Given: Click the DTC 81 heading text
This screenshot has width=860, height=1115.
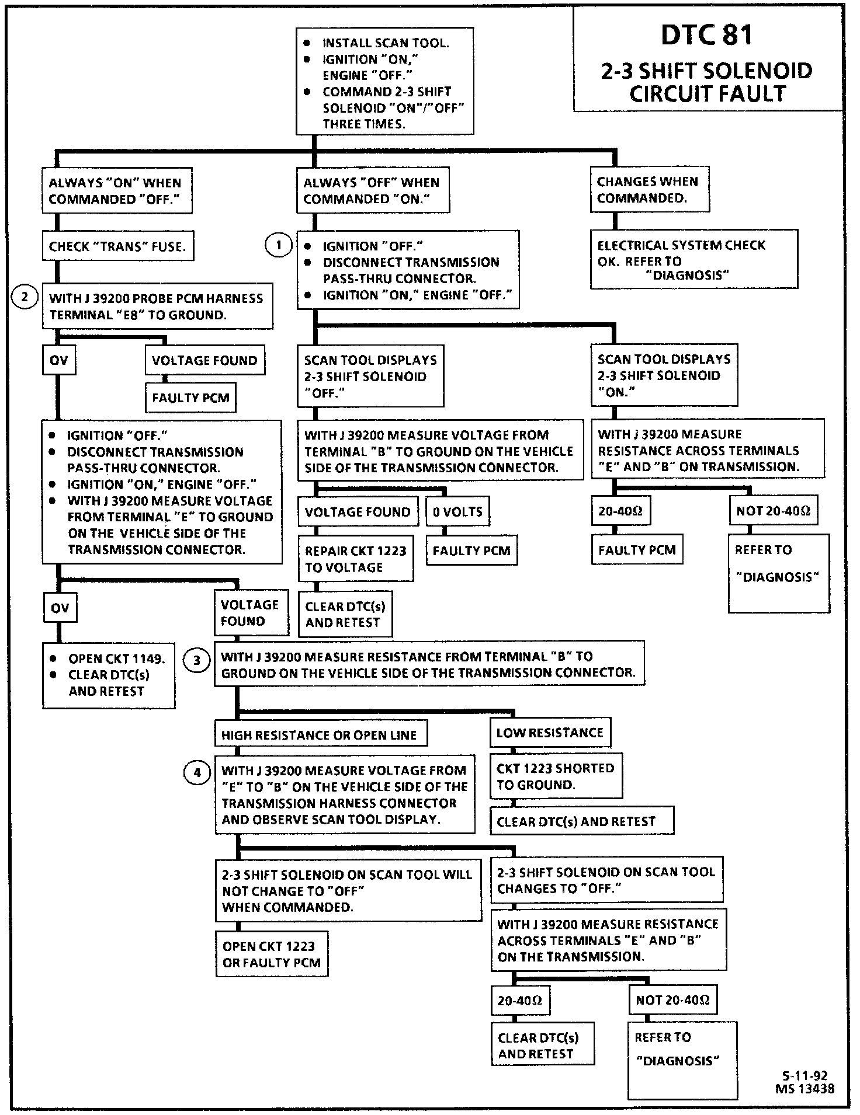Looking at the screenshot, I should click(x=707, y=35).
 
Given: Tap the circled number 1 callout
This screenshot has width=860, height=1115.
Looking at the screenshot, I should click(x=278, y=245).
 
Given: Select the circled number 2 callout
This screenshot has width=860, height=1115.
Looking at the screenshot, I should click(x=25, y=297).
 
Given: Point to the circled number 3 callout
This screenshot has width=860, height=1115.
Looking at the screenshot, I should click(x=197, y=660).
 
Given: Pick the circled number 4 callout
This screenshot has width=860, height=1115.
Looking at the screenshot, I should click(x=197, y=773).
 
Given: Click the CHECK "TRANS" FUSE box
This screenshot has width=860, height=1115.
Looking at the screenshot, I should click(x=117, y=246).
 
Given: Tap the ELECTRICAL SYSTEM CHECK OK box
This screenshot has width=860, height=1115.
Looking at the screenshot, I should click(x=693, y=260).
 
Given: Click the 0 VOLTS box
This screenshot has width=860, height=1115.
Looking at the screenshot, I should click(x=457, y=512).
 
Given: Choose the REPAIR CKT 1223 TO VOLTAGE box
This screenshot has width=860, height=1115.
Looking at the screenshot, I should click(x=355, y=559).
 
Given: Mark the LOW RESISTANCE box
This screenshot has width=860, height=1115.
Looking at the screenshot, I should click(x=550, y=733).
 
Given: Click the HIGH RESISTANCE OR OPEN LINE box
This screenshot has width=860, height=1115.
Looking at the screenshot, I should click(x=320, y=735).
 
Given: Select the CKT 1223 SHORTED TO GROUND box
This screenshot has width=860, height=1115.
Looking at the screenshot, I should click(x=555, y=776).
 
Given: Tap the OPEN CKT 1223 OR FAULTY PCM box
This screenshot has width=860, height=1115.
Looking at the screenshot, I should click(x=272, y=954).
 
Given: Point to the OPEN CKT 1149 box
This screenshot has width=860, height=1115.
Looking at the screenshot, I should click(x=109, y=675).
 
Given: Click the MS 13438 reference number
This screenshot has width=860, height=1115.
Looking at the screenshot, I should click(x=804, y=1088).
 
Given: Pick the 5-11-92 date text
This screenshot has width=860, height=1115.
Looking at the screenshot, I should click(x=804, y=1076).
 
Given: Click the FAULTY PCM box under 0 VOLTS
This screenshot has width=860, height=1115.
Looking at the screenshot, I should click(x=471, y=550).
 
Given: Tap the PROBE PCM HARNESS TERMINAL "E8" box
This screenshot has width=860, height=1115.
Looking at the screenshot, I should click(x=157, y=306).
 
